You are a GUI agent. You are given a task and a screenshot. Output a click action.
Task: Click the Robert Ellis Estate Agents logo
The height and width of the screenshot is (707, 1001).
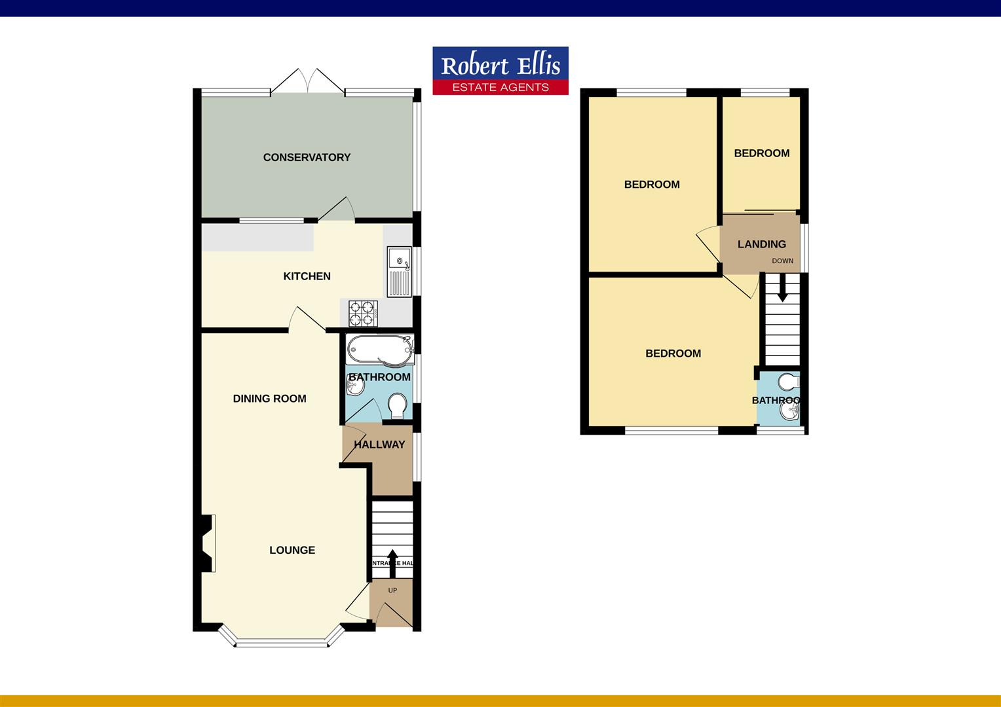pyautogui.click(x=500, y=71)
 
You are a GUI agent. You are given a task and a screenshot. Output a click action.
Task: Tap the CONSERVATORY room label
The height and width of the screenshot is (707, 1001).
pyautogui.click(x=307, y=157)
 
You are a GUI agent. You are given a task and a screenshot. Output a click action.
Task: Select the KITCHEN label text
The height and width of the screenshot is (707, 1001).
pyautogui.click(x=307, y=276)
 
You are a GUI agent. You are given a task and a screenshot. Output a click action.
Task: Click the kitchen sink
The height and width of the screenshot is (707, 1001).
pyautogui.click(x=398, y=272)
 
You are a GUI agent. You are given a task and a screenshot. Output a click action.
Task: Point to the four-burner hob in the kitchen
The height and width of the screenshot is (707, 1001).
pyautogui.click(x=364, y=313)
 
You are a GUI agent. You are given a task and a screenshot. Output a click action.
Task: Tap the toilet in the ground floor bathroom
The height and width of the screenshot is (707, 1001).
pyautogui.click(x=397, y=406)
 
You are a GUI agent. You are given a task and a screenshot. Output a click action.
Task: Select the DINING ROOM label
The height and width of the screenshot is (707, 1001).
pyautogui.click(x=269, y=399)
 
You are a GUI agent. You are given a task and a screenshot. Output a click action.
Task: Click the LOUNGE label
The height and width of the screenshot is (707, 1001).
pyautogui.click(x=292, y=551)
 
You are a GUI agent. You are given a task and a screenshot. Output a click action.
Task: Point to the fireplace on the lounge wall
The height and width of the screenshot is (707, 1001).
pyautogui.click(x=208, y=543)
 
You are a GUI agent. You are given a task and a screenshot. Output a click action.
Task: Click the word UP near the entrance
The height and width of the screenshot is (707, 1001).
pyautogui.click(x=392, y=590)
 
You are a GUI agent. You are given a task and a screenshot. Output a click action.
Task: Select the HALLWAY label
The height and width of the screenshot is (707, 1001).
pyautogui.click(x=379, y=444)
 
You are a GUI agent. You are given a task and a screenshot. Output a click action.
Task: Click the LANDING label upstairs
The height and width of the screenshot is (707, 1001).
pyautogui.click(x=761, y=244)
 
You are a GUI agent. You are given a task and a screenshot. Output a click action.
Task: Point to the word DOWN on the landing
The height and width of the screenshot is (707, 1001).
pyautogui.click(x=782, y=261)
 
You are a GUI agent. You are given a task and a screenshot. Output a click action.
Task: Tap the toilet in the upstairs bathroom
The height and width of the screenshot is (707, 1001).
pyautogui.click(x=789, y=382)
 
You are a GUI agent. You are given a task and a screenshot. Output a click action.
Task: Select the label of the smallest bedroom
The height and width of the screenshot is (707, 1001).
pyautogui.click(x=761, y=153)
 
